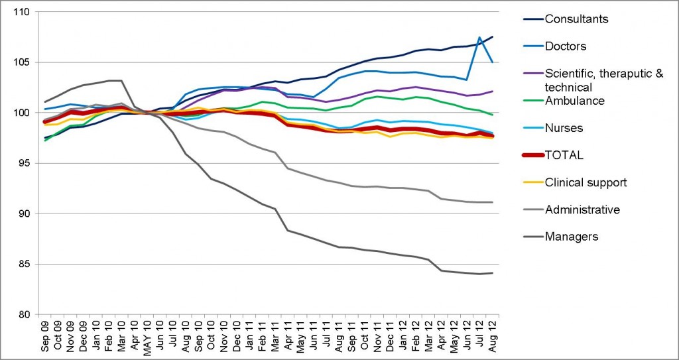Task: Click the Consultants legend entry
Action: click(576, 19)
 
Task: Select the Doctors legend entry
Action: click(566, 46)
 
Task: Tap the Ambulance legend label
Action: click(574, 101)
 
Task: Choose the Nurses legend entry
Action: click(564, 128)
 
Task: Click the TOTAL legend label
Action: click(564, 155)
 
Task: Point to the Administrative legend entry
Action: click(582, 210)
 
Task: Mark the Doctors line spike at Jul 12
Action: click(480, 37)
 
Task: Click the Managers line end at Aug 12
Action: click(493, 273)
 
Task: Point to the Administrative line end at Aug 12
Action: click(493, 202)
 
